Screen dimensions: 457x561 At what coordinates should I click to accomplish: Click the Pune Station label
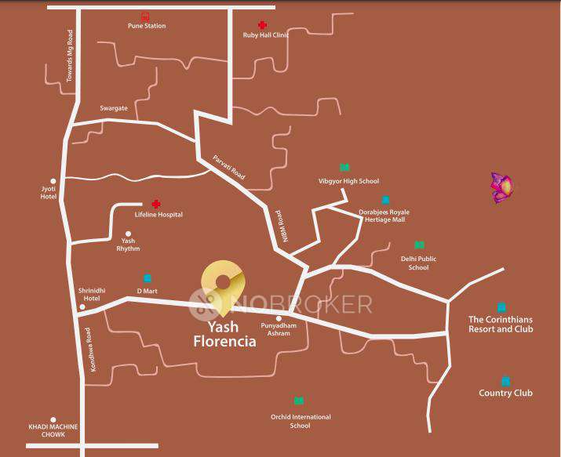tap(147, 26)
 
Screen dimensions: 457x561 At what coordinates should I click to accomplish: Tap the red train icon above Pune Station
tap(145, 16)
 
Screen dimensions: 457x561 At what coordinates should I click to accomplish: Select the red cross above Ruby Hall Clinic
tap(262, 25)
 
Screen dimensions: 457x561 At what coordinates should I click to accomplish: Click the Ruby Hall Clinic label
tap(264, 35)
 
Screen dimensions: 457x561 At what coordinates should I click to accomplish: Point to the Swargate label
tap(114, 108)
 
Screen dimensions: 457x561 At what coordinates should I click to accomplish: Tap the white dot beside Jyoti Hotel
tap(53, 180)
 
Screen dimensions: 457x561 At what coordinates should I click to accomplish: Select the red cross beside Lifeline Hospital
tap(155, 204)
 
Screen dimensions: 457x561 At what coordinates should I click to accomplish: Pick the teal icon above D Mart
tap(147, 278)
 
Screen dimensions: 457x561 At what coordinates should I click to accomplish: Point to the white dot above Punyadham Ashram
tap(279, 318)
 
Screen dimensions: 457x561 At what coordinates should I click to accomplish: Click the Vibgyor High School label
tap(348, 181)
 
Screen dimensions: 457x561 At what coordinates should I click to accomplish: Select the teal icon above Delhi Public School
tap(419, 245)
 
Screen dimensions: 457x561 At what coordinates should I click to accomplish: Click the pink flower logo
tap(502, 187)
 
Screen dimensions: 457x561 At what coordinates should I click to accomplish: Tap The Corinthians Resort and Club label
tap(501, 324)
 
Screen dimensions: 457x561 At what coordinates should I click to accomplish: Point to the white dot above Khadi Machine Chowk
tap(53, 419)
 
